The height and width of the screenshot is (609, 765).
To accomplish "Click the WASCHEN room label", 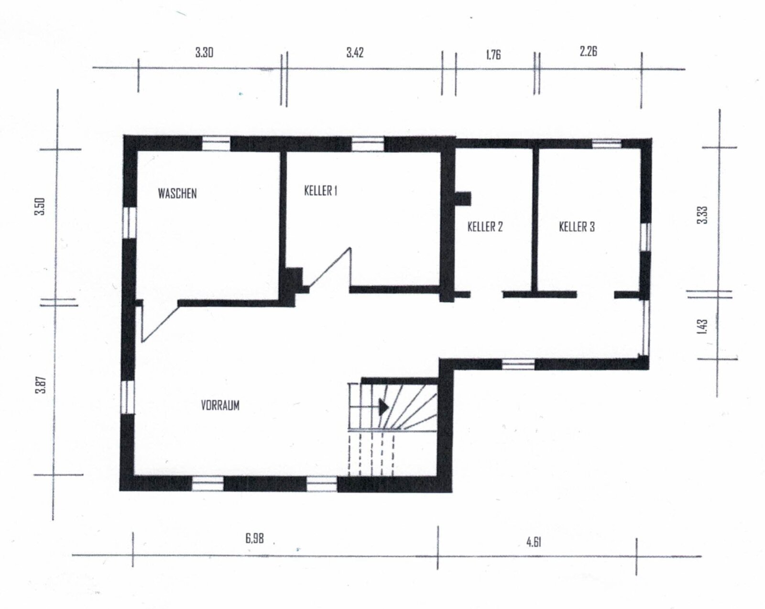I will click(x=177, y=193).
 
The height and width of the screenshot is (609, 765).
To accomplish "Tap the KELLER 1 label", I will click(x=321, y=190).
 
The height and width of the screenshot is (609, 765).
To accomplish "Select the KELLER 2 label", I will click(x=485, y=226).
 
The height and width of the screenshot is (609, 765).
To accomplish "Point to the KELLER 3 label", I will click(x=577, y=226).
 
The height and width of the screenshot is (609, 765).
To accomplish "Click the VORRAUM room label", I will click(x=220, y=405).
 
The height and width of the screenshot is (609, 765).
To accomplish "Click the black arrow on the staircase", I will click(x=383, y=407).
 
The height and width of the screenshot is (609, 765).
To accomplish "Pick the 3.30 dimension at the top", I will click(x=204, y=52).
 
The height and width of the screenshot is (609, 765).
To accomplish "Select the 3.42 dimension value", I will click(x=355, y=52).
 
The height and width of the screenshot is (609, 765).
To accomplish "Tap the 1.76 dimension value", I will click(x=493, y=54).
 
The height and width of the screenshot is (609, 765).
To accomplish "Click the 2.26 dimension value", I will click(x=588, y=51).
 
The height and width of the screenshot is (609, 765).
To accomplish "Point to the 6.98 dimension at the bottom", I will click(x=255, y=538).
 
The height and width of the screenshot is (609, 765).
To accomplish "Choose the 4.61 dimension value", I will click(x=534, y=542).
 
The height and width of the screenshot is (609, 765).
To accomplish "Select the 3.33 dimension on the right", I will click(x=702, y=215).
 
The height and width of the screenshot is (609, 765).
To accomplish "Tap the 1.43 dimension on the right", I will click(x=701, y=327).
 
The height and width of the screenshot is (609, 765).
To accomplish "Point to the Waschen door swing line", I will click(x=160, y=323).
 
